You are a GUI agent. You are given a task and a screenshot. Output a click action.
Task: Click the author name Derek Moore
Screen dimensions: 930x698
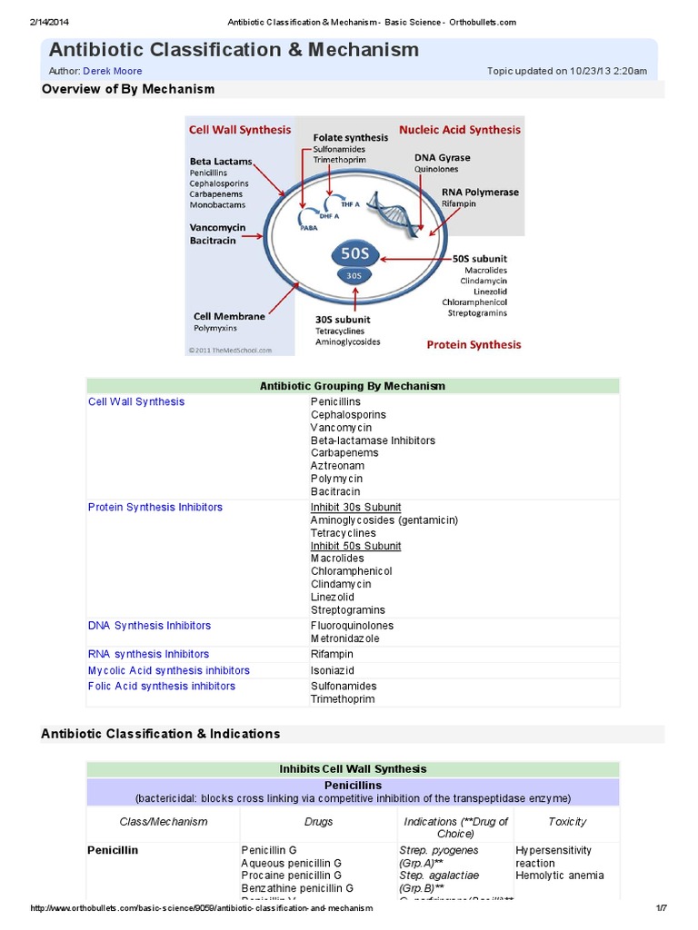point(112,71)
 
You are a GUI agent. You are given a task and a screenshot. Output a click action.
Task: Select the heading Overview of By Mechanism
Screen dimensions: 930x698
point(128,89)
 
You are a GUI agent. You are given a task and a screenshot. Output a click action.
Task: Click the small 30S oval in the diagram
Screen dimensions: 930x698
point(353,275)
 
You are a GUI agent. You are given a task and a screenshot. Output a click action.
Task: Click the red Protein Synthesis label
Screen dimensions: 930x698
point(474,344)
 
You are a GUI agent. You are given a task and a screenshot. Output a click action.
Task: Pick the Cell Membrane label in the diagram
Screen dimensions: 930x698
point(228,316)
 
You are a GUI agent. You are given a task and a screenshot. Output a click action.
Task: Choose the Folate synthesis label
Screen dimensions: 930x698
point(350,137)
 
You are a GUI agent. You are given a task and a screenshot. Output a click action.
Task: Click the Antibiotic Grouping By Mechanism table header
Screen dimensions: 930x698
point(353,386)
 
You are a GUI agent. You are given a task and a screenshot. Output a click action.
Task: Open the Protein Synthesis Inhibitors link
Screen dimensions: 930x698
point(155,507)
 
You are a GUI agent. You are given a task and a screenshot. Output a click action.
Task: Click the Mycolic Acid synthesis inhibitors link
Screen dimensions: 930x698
point(168,670)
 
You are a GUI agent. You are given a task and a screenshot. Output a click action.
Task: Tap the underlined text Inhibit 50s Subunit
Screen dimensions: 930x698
point(355,546)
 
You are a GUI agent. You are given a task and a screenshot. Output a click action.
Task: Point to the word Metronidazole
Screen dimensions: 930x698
point(344,638)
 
